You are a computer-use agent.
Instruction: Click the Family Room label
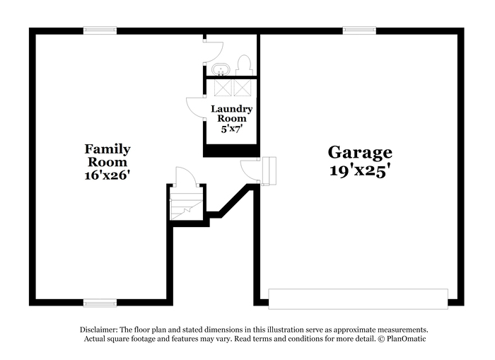pyautogui.click(x=107, y=156)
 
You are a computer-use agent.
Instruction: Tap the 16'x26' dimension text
pyautogui.click(x=107, y=175)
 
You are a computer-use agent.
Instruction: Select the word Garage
pyautogui.click(x=359, y=152)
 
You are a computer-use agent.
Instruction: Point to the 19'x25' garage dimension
pyautogui.click(x=359, y=170)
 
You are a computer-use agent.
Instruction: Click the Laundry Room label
pyautogui.click(x=231, y=114)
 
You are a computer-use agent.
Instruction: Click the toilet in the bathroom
pyautogui.click(x=245, y=66)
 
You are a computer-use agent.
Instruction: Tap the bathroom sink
pyautogui.click(x=219, y=69)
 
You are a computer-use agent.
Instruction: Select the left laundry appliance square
pyautogui.click(x=222, y=87)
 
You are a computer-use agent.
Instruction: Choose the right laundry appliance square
pyautogui.click(x=242, y=87)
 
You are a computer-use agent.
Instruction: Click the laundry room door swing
pyautogui.click(x=194, y=107)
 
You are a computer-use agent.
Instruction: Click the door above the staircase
pyautogui.click(x=185, y=176)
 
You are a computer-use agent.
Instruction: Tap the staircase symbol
pyautogui.click(x=186, y=203)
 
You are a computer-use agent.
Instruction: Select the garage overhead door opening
pyautogui.click(x=358, y=298)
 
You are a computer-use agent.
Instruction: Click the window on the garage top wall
pyautogui.click(x=359, y=30)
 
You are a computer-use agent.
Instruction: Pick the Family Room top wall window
pyautogui.click(x=100, y=30)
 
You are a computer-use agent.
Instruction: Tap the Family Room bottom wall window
pyautogui.click(x=100, y=303)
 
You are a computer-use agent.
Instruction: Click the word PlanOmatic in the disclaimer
pyautogui.click(x=406, y=339)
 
